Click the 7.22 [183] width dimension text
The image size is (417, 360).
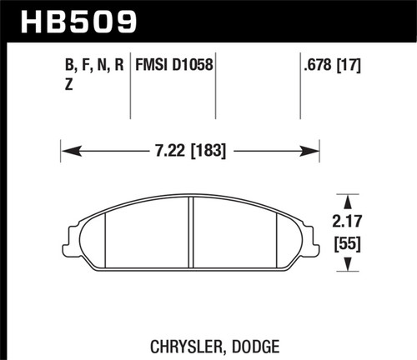189,152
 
